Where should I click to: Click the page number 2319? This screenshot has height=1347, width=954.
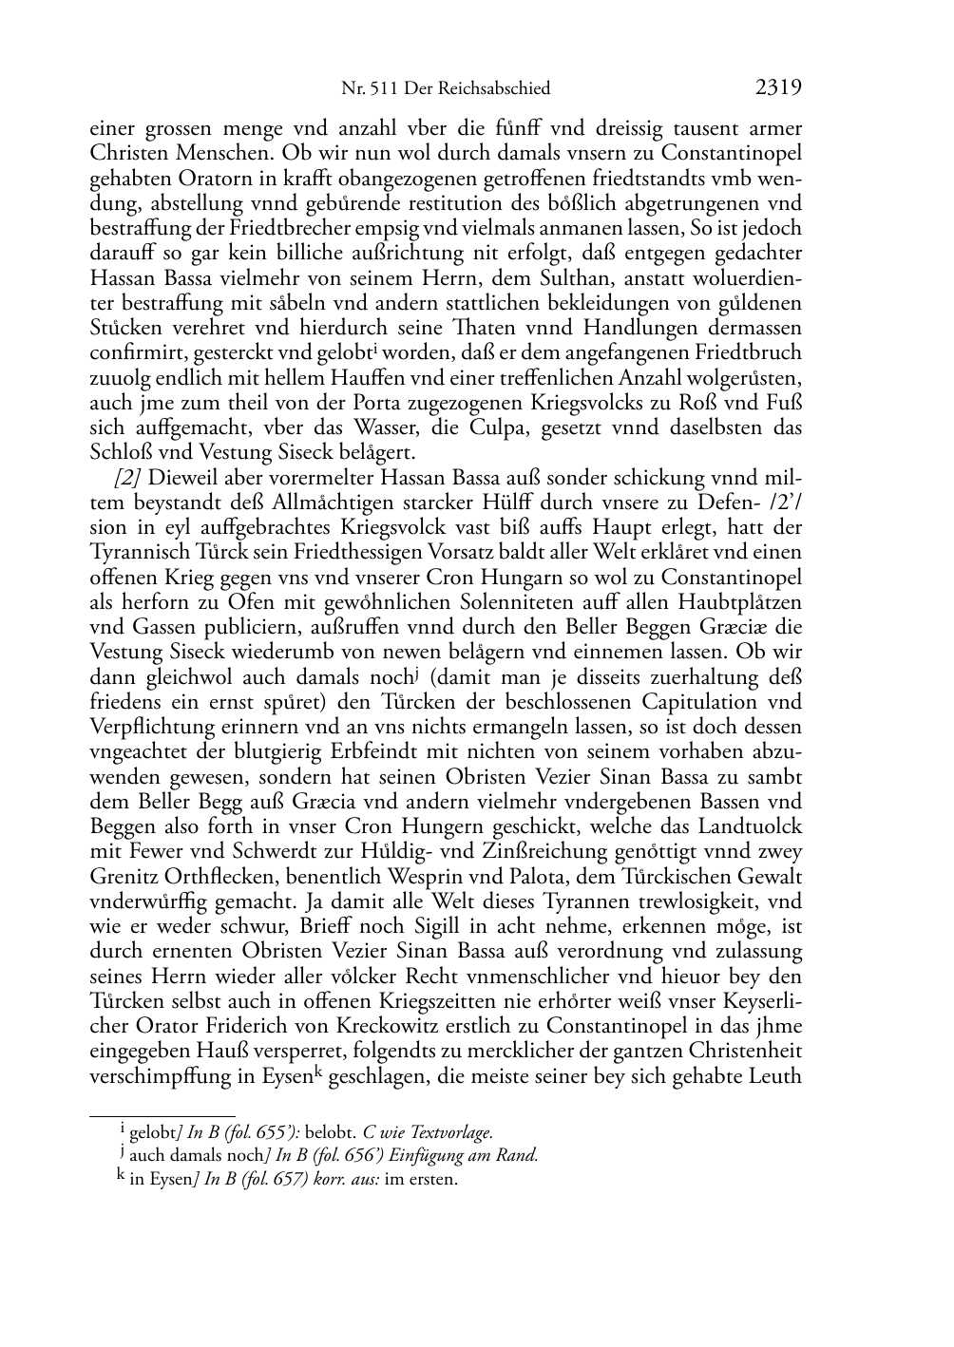tap(779, 88)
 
